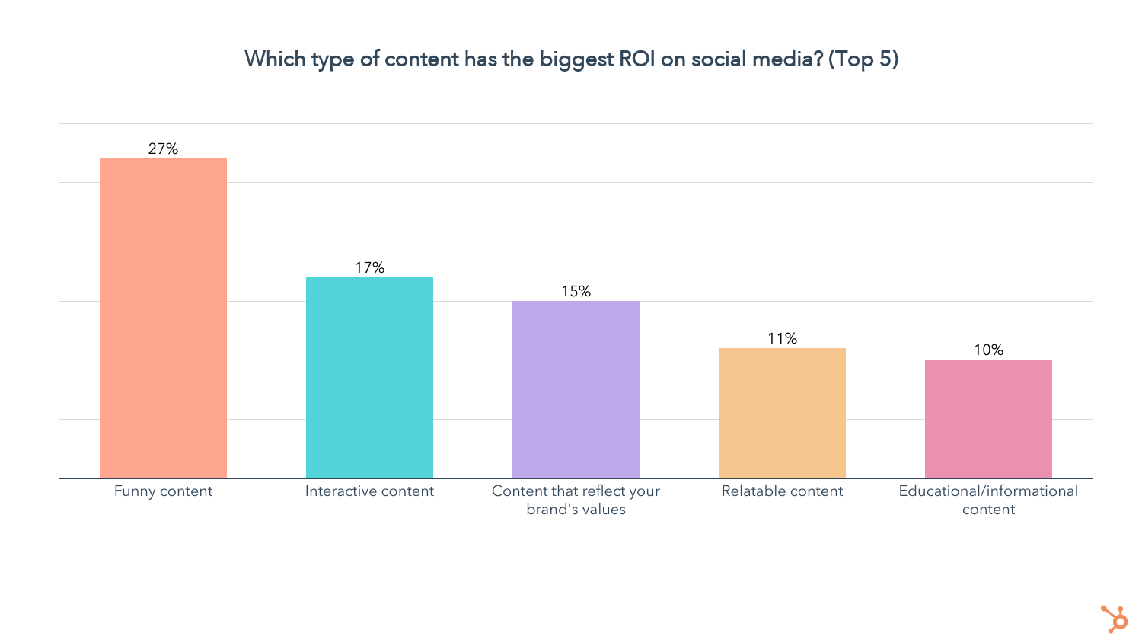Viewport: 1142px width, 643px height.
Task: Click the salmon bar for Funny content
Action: click(163, 318)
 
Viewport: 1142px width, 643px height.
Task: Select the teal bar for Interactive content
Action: click(369, 378)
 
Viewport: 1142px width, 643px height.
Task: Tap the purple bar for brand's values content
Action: click(576, 389)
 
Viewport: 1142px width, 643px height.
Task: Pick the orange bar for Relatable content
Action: click(782, 413)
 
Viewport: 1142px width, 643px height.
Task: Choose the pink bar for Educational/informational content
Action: click(988, 419)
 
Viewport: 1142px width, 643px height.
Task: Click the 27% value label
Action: click(163, 149)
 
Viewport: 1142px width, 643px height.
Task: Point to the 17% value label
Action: click(369, 267)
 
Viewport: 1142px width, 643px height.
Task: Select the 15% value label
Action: click(576, 291)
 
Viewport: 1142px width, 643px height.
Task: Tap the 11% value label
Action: click(782, 338)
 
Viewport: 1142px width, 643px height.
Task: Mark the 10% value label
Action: click(988, 350)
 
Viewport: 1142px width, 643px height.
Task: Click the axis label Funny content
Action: click(163, 491)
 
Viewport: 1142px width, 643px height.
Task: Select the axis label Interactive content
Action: click(369, 491)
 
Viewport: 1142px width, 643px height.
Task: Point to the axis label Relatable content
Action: click(782, 491)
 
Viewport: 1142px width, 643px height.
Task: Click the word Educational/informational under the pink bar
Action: click(988, 491)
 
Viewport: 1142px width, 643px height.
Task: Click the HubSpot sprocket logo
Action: click(1115, 619)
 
